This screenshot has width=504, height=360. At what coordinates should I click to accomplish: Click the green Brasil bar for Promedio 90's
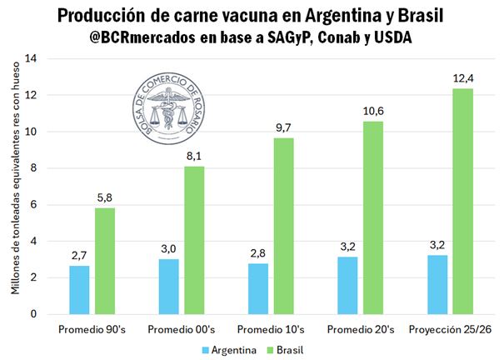coord(105,261)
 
